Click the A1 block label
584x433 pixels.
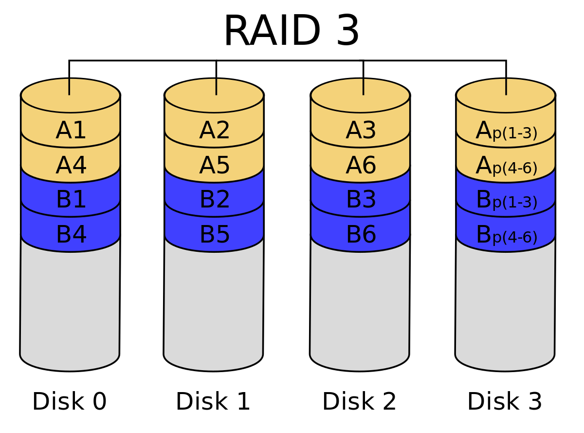[x=71, y=131]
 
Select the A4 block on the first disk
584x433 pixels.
[x=71, y=166]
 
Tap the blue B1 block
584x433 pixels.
[x=71, y=200]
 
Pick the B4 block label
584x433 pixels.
[x=71, y=235]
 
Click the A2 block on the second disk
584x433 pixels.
[x=215, y=131]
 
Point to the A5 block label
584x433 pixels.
[x=215, y=166]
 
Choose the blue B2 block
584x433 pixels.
[x=215, y=200]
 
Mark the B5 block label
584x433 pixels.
[x=215, y=235]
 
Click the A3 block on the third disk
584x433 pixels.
[x=361, y=131]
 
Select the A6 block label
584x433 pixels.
[x=361, y=166]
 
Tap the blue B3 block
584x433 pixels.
[x=361, y=200]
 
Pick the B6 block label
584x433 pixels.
[x=361, y=235]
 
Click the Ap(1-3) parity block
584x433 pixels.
[x=506, y=131]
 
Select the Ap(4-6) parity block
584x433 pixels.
[x=506, y=166]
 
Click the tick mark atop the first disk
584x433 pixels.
[x=69, y=86]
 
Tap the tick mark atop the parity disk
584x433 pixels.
[x=506, y=86]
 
